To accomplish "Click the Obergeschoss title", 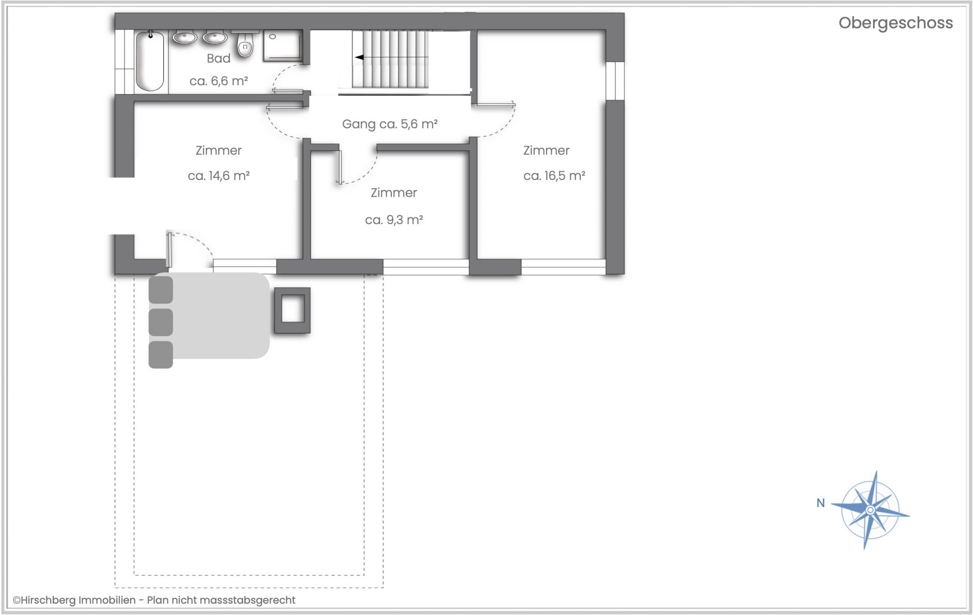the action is pyautogui.click(x=895, y=23).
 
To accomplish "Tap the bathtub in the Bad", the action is pyautogui.click(x=150, y=61).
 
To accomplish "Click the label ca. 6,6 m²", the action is pyautogui.click(x=218, y=81).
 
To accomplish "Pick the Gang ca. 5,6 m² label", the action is pyautogui.click(x=390, y=124).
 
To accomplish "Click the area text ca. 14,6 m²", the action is pyautogui.click(x=218, y=176).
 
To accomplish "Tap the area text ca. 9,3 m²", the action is pyautogui.click(x=394, y=220).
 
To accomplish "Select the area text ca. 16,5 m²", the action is pyautogui.click(x=554, y=176).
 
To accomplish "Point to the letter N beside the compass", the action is pyautogui.click(x=820, y=503).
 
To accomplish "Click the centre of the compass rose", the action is pyautogui.click(x=870, y=510).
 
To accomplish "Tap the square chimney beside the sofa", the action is pyautogui.click(x=292, y=310).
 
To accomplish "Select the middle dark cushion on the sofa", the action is pyautogui.click(x=161, y=322).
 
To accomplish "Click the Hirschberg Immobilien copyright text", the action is pyautogui.click(x=154, y=600).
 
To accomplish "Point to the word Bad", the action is pyautogui.click(x=218, y=59).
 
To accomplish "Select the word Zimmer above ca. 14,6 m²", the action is pyautogui.click(x=218, y=151).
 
